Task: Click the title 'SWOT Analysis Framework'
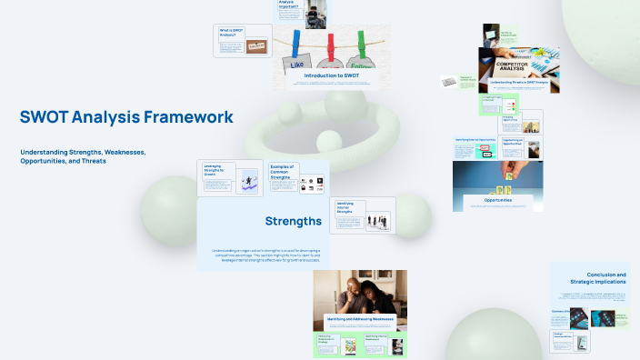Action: tap(126, 117)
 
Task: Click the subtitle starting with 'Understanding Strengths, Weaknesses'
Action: tap(83, 155)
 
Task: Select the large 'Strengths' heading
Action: tap(293, 221)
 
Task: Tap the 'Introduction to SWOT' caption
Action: tap(332, 75)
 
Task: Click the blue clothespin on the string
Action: tap(297, 44)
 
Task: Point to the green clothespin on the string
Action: tap(362, 44)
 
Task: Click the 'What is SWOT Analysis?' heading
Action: tap(230, 33)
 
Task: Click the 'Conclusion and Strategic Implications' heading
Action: tap(599, 278)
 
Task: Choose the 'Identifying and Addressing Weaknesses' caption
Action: tap(360, 319)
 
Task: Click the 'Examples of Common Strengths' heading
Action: tap(283, 173)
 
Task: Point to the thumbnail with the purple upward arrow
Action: tap(248, 183)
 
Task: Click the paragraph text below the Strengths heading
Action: tap(273, 255)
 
